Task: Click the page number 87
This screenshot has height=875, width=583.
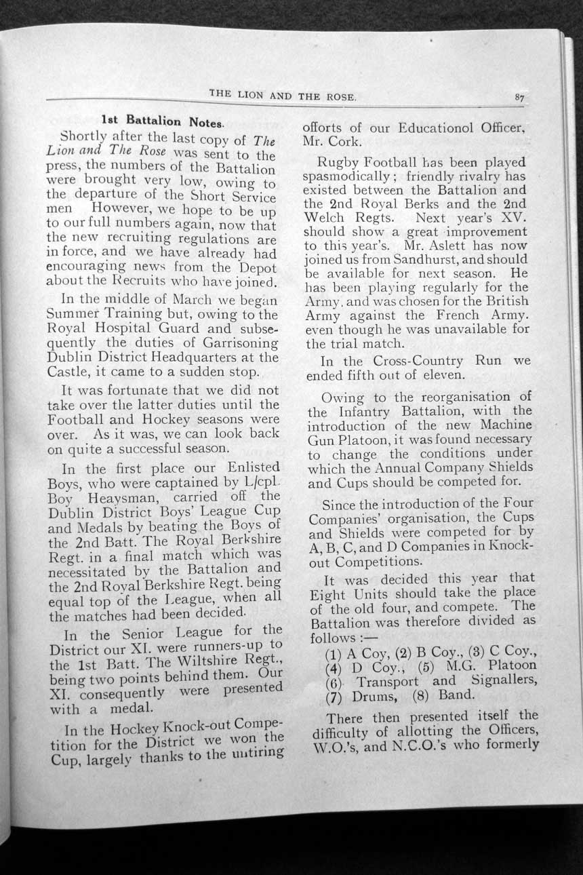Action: pos(519,98)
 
